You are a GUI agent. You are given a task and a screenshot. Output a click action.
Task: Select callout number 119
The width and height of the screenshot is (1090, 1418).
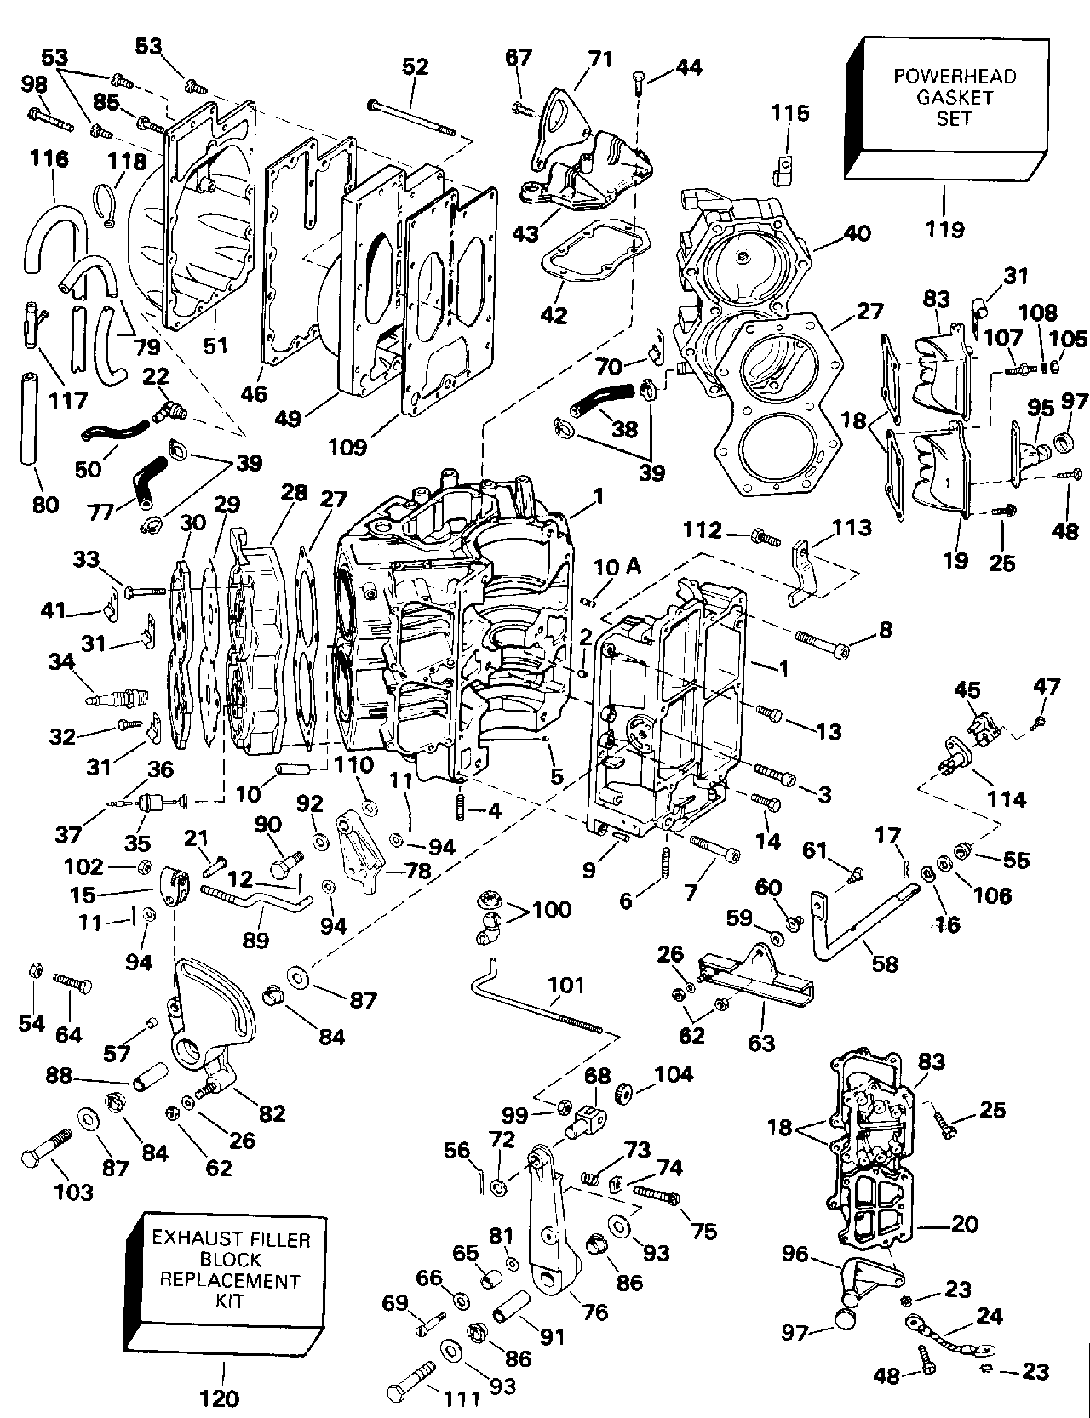pos(946,228)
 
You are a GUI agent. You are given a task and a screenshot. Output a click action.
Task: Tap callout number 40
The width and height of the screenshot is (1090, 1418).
pos(856,233)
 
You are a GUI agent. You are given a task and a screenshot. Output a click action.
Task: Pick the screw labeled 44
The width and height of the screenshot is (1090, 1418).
pos(638,83)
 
